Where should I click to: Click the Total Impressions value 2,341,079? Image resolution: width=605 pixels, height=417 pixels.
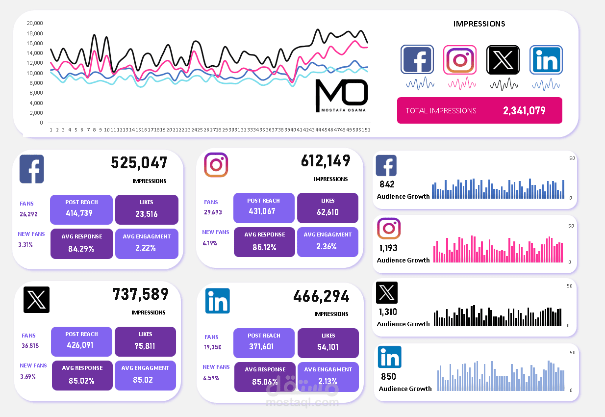(x=524, y=110)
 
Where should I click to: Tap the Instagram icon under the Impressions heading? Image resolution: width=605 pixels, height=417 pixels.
(x=459, y=59)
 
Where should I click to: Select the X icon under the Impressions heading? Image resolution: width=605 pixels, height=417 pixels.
(x=503, y=59)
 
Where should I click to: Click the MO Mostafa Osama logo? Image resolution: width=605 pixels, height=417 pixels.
(x=341, y=95)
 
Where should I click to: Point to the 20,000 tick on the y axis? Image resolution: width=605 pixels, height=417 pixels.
(x=35, y=23)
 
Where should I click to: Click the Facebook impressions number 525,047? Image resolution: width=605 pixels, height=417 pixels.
(x=139, y=162)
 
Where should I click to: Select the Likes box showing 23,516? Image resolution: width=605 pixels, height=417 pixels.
(x=146, y=209)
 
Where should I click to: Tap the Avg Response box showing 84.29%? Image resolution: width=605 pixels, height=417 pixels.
(x=81, y=243)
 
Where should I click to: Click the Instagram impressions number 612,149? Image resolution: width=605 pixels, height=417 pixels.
(x=326, y=160)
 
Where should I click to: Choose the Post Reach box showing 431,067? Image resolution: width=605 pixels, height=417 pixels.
(x=264, y=207)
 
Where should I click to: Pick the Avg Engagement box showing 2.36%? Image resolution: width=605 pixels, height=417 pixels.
(x=328, y=241)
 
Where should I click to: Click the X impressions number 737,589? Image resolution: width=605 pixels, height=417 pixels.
(x=140, y=294)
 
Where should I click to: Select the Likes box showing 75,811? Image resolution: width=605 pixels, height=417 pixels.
(x=145, y=341)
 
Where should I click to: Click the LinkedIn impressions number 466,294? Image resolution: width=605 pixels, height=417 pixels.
(x=322, y=296)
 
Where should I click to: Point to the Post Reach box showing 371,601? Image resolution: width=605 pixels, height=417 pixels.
(x=264, y=342)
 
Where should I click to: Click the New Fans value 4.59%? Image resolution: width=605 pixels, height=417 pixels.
(x=211, y=378)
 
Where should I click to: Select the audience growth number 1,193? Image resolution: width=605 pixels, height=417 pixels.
(x=388, y=248)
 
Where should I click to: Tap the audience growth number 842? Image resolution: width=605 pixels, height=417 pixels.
(x=387, y=184)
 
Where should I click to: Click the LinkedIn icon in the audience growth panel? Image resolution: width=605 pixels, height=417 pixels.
(x=390, y=357)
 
